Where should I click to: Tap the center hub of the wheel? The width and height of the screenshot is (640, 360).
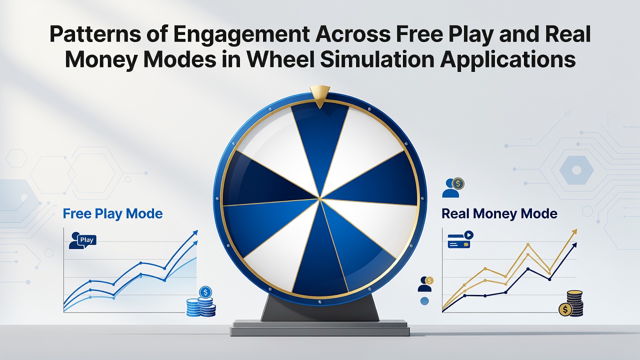point(319,198)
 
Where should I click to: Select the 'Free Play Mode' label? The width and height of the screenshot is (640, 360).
point(112,213)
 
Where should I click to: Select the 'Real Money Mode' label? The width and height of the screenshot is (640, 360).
point(499,213)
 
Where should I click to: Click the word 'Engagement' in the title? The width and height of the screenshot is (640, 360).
point(241,35)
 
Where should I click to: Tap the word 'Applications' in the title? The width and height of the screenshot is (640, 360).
point(507,60)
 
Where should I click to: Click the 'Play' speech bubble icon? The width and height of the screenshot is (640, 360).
point(83,240)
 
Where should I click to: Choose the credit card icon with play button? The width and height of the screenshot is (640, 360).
point(460,239)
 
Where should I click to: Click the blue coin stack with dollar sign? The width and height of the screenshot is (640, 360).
point(201,302)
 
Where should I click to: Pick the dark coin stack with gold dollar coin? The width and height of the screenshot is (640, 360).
point(571,303)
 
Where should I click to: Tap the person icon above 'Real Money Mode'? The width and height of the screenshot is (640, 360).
point(453,188)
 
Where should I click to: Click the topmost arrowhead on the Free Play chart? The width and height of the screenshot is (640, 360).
point(195,232)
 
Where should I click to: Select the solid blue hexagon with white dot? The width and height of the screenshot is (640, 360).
point(576,170)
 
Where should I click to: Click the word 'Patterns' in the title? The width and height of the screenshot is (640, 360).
point(95,34)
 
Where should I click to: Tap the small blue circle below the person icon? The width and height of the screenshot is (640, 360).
point(424,301)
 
